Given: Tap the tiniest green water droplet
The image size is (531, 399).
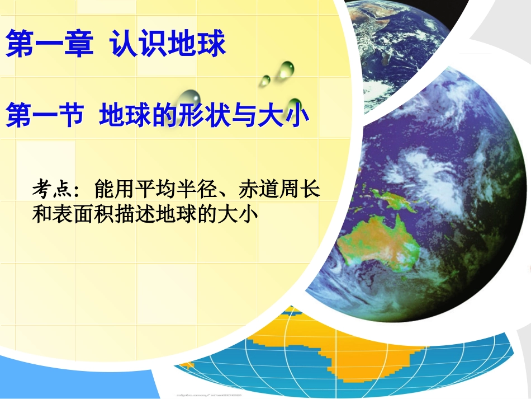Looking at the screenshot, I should coord(264,81).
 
